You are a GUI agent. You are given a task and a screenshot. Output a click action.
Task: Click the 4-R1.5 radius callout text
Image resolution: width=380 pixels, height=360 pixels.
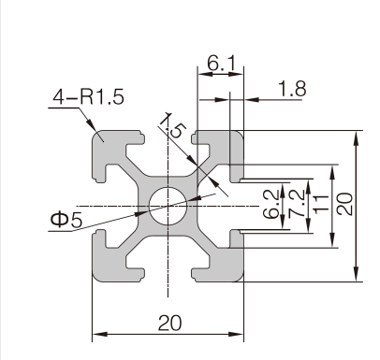88,96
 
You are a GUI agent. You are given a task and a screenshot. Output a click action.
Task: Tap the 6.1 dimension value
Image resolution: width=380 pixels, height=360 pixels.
221,64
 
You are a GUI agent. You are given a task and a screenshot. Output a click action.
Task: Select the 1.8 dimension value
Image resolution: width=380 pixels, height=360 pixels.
292,89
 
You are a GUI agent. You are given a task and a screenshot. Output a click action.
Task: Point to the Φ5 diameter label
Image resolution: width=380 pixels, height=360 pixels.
66,220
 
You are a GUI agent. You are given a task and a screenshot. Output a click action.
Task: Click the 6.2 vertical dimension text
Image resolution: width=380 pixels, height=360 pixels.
270,204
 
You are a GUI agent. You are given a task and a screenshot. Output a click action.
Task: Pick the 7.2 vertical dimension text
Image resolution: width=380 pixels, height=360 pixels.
296,204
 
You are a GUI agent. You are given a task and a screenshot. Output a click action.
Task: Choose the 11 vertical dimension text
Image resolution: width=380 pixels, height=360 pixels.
321,204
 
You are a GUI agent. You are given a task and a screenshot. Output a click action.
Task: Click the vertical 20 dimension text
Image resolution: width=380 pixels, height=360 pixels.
345,204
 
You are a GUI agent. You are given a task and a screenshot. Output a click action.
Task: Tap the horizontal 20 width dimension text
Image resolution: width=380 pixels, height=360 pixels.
169,323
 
